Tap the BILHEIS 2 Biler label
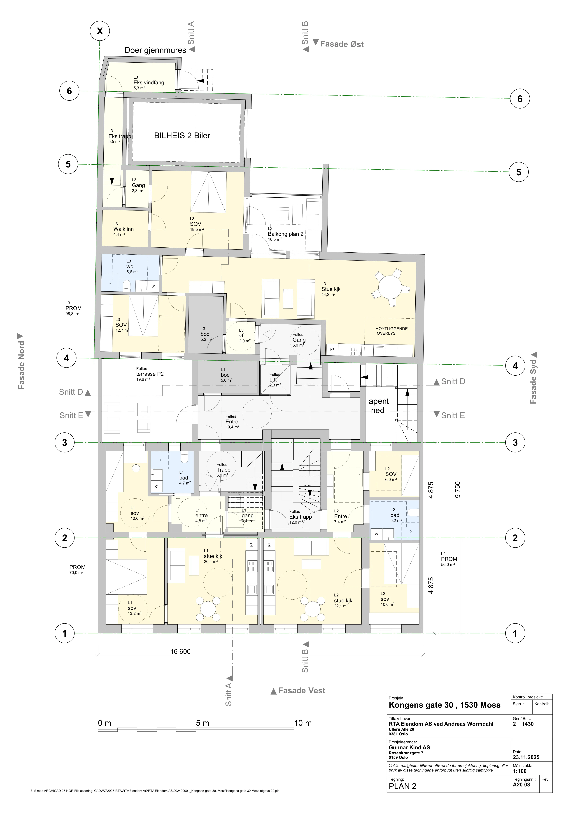click(x=182, y=136)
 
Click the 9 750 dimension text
click(x=458, y=490)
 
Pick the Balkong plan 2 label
click(x=286, y=234)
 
